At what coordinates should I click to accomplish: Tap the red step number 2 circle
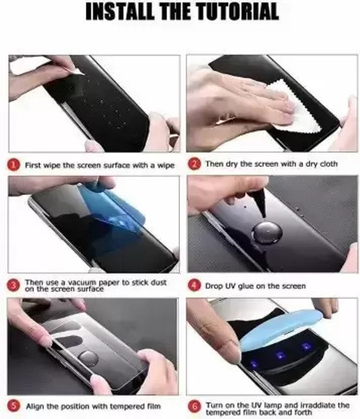(193, 163)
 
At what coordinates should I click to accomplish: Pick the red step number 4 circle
(193, 286)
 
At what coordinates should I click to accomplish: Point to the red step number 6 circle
(193, 406)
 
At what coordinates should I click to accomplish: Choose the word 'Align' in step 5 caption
(36, 406)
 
